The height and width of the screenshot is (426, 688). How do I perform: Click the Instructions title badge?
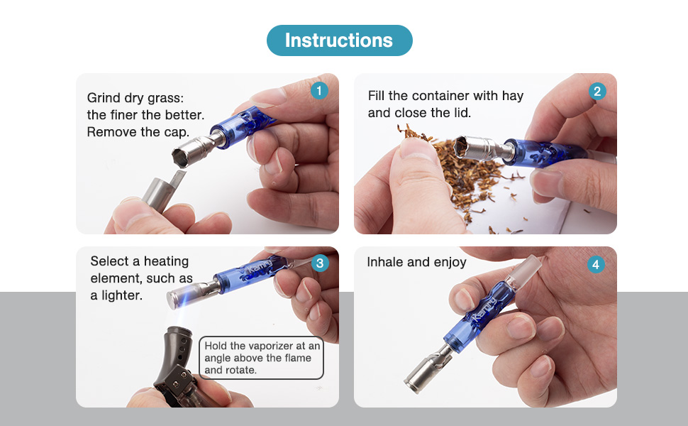click(x=340, y=40)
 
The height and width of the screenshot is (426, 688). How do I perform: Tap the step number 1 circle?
click(x=319, y=90)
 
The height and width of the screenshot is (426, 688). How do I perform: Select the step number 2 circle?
click(x=597, y=92)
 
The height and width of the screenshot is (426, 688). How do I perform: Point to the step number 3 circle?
click(x=320, y=263)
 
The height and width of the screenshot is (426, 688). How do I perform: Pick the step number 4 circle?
click(x=596, y=264)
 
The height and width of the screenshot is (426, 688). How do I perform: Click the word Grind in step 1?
click(x=104, y=97)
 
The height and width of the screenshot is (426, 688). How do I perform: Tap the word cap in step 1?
click(x=176, y=133)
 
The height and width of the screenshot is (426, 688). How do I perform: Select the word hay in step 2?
click(x=513, y=96)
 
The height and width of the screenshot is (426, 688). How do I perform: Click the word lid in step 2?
click(x=462, y=113)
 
